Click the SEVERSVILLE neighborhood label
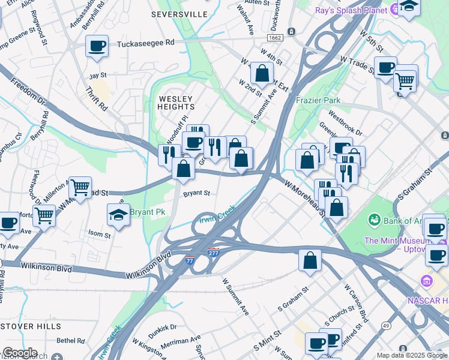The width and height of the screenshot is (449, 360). click(x=179, y=13)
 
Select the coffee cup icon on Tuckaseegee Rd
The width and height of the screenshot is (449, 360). click(x=97, y=46)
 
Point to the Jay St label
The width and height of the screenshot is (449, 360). click(x=97, y=76)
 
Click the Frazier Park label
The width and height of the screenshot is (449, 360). click(x=318, y=100)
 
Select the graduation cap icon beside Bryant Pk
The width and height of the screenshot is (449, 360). click(x=119, y=215)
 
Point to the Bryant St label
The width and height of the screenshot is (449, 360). click(x=196, y=193)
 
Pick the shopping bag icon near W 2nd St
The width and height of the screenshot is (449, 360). click(x=262, y=73)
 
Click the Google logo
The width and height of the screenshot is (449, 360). click(x=19, y=353)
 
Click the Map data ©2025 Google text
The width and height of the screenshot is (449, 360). click(x=412, y=355)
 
